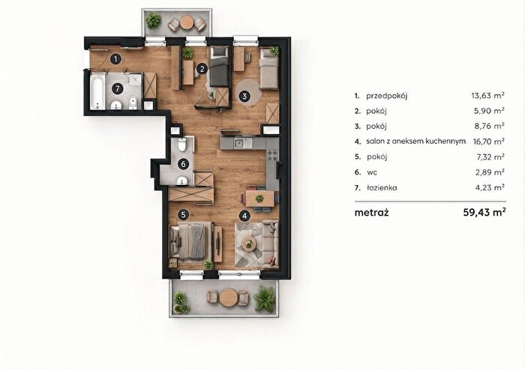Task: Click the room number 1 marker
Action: point(115,60)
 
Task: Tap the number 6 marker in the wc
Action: point(183,164)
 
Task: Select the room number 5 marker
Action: point(183,214)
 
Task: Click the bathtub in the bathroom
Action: point(97,91)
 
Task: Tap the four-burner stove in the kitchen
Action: point(271,155)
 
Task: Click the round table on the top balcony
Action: point(187,23)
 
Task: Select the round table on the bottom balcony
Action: point(228,297)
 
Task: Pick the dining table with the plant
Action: point(259,199)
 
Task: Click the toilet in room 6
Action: point(182,145)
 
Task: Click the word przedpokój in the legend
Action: point(387,97)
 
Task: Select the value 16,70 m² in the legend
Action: point(489,142)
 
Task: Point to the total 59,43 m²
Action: point(484,212)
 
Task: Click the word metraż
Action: point(372,213)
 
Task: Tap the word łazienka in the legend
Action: point(381,187)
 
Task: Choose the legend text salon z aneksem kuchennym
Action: point(415,141)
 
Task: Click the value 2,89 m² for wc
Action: point(490,172)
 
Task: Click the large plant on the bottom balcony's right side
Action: point(265,298)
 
